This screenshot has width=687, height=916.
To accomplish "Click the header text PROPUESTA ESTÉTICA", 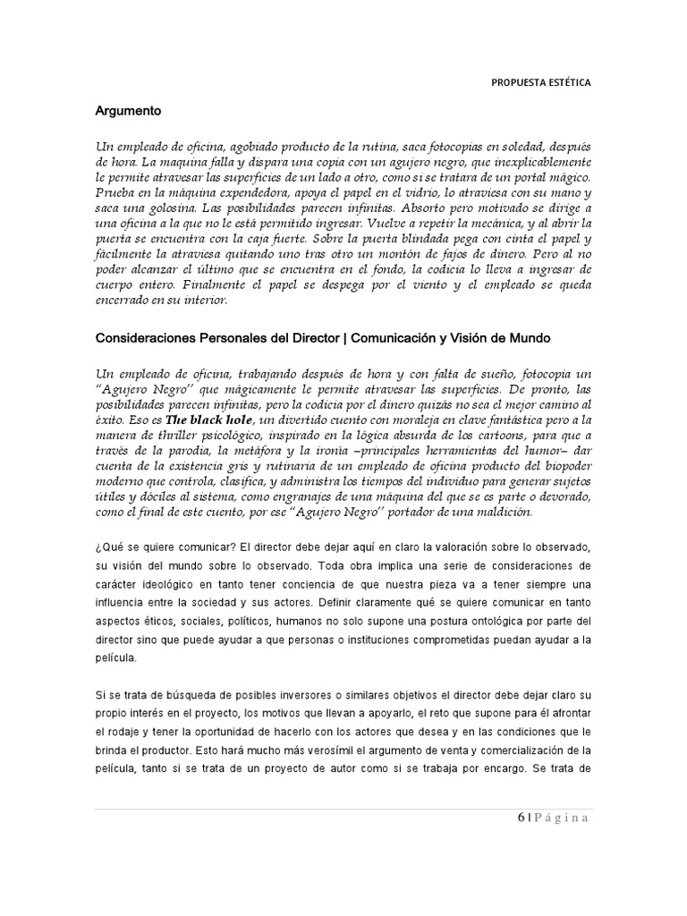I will tap(540, 83).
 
